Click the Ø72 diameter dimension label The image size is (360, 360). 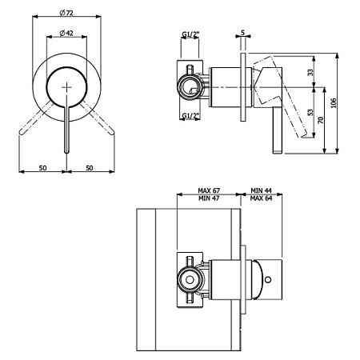pos(66,13)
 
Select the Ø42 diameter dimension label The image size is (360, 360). pos(66,33)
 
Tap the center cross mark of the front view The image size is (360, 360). pos(66,87)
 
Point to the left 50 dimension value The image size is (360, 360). pos(42,168)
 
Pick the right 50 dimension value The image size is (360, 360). pos(90,168)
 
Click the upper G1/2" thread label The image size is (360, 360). pos(190,34)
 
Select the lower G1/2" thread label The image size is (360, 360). pos(190,115)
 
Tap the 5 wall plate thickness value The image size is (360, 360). pos(242,33)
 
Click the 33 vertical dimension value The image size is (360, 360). pos(310,72)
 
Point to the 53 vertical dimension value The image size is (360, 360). pos(310,112)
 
